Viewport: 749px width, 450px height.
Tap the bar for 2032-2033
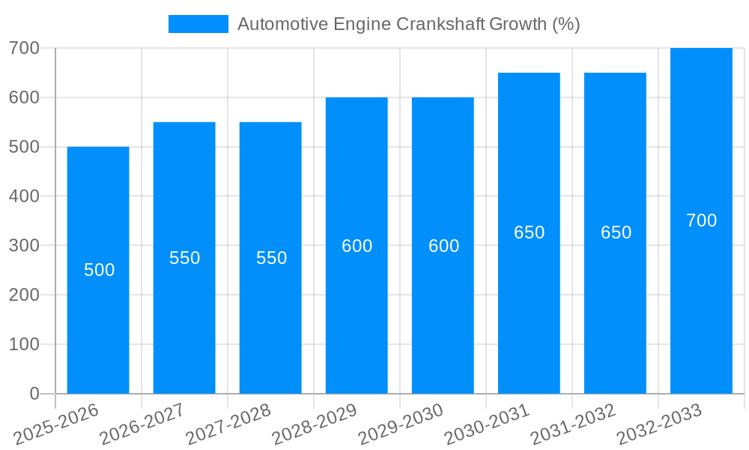tap(701, 315)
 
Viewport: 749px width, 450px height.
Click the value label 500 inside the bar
tap(99, 270)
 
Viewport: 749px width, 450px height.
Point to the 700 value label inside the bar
tap(701, 220)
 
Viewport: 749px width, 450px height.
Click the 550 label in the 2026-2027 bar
tap(184, 258)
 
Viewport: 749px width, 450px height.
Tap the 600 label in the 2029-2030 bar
tap(443, 246)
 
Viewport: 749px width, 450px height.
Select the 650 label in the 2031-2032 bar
tap(616, 232)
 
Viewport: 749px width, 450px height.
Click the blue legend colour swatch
tap(198, 24)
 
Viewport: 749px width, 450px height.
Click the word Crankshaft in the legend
tap(441, 24)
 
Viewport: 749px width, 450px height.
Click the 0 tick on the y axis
tap(34, 394)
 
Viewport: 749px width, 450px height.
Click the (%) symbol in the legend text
tap(565, 24)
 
